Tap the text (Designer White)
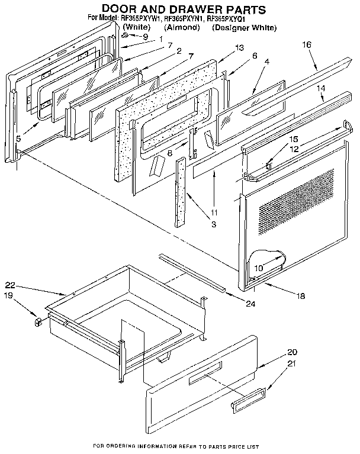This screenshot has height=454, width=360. coord(244,28)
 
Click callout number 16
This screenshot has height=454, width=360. coord(306,44)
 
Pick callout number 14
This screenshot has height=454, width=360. coord(321,88)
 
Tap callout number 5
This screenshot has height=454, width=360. coord(18,139)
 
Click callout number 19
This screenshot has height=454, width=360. coord(8,294)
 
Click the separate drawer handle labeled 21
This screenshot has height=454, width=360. coord(241,404)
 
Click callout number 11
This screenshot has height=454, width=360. coord(214,212)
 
